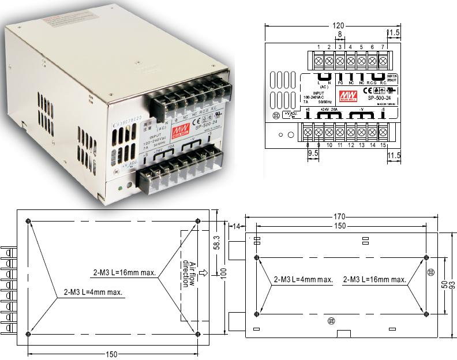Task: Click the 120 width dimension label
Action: [339, 25]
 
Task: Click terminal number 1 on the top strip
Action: [319, 46]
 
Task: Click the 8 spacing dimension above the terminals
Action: [340, 35]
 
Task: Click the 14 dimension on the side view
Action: [236, 227]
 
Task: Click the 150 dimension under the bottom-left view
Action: [113, 353]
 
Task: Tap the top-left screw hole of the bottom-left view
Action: [29, 221]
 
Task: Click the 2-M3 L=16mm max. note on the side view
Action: [374, 279]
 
